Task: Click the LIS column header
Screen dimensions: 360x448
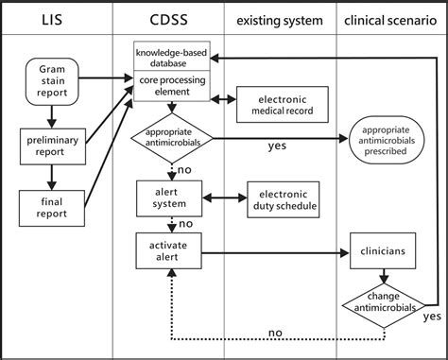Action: tap(58, 21)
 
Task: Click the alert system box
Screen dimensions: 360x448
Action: tap(171, 197)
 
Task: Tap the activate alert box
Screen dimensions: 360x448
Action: tap(171, 252)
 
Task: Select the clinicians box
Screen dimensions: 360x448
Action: tap(384, 252)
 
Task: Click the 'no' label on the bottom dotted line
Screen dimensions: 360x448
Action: tap(274, 333)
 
